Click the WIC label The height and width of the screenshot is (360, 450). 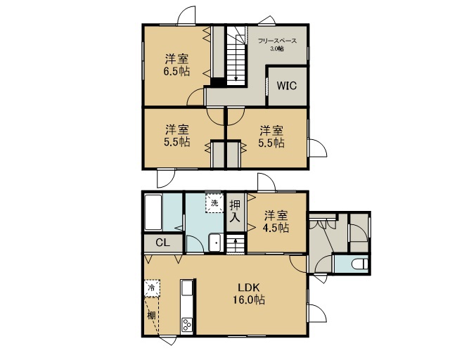pyautogui.click(x=286, y=86)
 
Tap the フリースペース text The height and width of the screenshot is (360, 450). pyautogui.click(x=277, y=41)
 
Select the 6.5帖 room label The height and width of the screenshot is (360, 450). pyautogui.click(x=176, y=65)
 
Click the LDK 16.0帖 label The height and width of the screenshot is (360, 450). pyautogui.click(x=249, y=294)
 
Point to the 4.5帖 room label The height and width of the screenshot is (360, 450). pyautogui.click(x=276, y=221)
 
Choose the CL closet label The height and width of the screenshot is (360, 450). pyautogui.click(x=162, y=243)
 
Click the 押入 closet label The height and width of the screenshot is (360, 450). pyautogui.click(x=235, y=211)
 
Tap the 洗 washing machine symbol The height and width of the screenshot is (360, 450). pyautogui.click(x=214, y=203)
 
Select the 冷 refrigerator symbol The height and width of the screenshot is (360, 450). pyautogui.click(x=152, y=288)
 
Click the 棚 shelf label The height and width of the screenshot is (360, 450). pyautogui.click(x=151, y=315)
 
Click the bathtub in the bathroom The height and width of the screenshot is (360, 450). pyautogui.click(x=153, y=212)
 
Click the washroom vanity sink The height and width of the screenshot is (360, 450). pyautogui.click(x=216, y=243)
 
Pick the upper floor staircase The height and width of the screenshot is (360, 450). pyautogui.click(x=237, y=56)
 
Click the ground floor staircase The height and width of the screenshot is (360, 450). pyautogui.click(x=236, y=244)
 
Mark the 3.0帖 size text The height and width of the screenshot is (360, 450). pyautogui.click(x=277, y=49)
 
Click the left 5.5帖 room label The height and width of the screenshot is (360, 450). pyautogui.click(x=176, y=136)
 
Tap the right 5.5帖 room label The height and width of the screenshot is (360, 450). pyautogui.click(x=271, y=136)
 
